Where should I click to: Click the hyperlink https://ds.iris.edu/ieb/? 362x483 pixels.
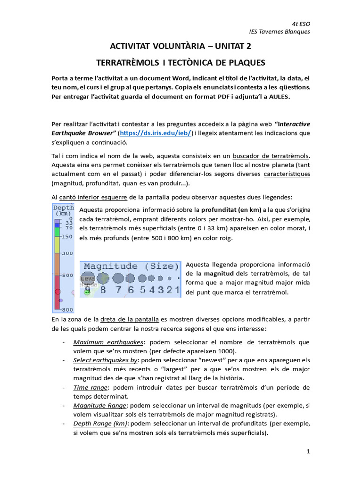[x=154, y=133]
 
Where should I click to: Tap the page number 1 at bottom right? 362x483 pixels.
[x=308, y=451]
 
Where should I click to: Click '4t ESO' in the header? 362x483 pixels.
[x=301, y=24]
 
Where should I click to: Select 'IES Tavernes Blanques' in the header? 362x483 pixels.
[x=280, y=32]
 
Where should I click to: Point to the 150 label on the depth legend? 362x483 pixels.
[x=67, y=236]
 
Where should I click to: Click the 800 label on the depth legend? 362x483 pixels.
[x=67, y=309]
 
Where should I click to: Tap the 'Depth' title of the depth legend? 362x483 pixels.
[x=64, y=207]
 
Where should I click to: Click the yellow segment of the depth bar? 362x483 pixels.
[x=57, y=245]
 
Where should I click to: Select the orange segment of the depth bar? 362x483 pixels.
[x=57, y=264]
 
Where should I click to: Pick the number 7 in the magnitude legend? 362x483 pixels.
[x=118, y=290]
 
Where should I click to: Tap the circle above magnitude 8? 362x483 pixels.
[x=103, y=278]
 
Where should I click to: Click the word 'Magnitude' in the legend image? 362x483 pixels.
[x=111, y=266]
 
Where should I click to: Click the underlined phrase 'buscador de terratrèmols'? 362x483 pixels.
[x=272, y=156]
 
